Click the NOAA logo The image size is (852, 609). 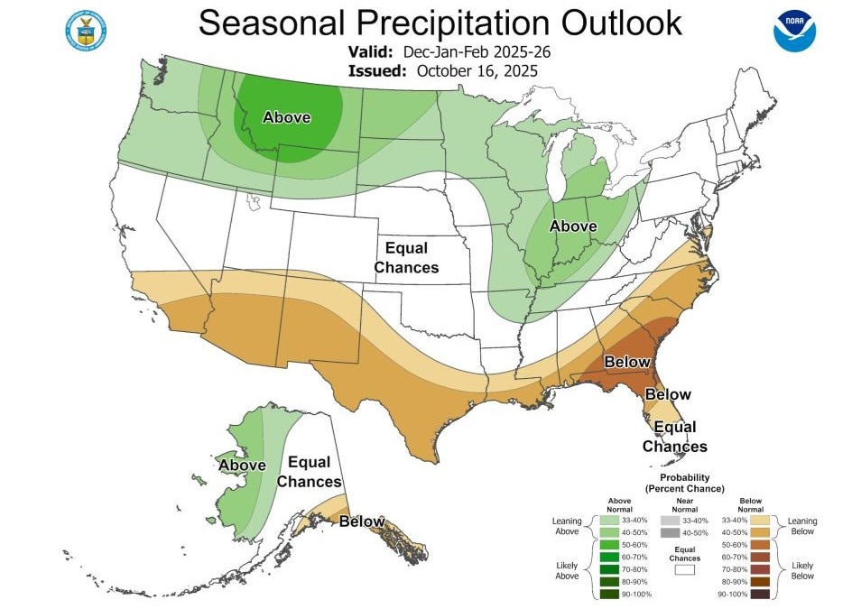tap(794, 30)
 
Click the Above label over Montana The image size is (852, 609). tap(286, 117)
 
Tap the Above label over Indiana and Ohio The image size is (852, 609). tap(573, 226)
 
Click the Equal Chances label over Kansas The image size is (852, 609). tap(406, 257)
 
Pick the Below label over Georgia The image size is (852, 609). tap(627, 362)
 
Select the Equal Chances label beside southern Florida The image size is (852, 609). tap(674, 437)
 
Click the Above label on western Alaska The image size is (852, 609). tap(242, 465)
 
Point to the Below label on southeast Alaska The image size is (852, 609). tap(361, 521)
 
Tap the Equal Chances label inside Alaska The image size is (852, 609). tap(309, 473)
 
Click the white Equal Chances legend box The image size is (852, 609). tap(684, 570)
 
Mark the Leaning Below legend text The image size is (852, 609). tap(801, 527)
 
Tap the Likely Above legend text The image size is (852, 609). tap(567, 569)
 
